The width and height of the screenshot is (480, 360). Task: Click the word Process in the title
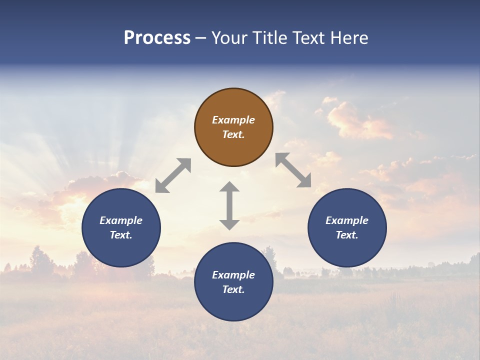[x=157, y=38]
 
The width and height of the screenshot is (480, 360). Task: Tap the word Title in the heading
[x=270, y=38]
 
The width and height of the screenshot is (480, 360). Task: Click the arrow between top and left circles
[x=173, y=175]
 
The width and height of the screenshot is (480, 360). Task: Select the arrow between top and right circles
[x=293, y=170]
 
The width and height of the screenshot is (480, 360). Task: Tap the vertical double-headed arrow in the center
[x=229, y=205]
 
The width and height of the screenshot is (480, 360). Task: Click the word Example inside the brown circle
[x=233, y=120]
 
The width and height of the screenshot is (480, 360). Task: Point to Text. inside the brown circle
[x=233, y=134]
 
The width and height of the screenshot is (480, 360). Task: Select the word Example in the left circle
[x=121, y=220]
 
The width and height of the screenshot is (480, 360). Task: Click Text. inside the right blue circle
[x=347, y=235]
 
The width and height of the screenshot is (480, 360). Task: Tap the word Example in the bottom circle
[x=233, y=275]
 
